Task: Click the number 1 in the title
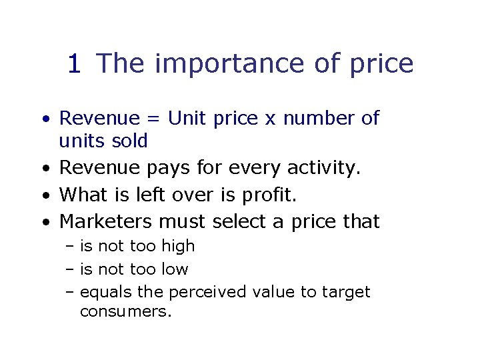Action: click(75, 64)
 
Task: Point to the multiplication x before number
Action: click(270, 119)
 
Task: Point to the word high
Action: click(177, 247)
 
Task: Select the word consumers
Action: click(125, 311)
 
